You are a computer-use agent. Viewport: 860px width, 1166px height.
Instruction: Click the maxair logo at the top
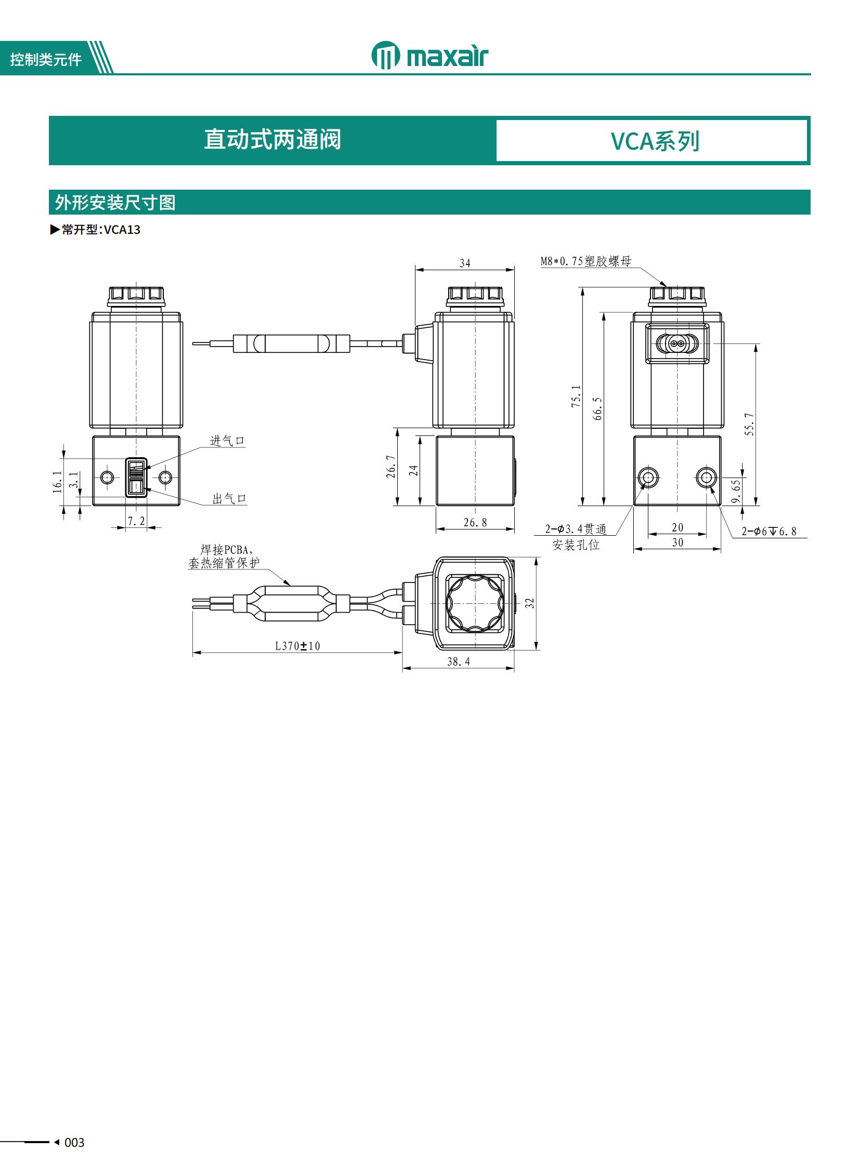click(430, 55)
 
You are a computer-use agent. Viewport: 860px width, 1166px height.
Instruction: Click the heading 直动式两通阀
click(272, 139)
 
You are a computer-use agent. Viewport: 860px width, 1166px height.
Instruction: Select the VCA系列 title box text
click(655, 141)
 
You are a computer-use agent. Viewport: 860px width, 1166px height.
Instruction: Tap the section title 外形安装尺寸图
click(115, 203)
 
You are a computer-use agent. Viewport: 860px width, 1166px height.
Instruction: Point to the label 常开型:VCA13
click(95, 230)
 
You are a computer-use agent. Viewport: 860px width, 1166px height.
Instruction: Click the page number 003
click(74, 1142)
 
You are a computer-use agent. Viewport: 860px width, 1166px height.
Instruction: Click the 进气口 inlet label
click(227, 441)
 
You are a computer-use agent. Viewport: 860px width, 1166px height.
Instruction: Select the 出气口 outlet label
click(229, 498)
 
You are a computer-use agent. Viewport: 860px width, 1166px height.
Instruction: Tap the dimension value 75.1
click(576, 396)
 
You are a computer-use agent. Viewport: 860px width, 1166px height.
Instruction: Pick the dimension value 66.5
click(597, 408)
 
